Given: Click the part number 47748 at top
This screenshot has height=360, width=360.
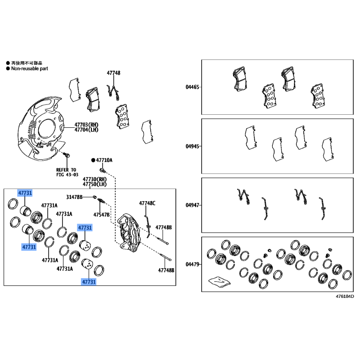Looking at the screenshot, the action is (113, 73).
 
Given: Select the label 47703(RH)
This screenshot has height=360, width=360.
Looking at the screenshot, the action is (86, 125).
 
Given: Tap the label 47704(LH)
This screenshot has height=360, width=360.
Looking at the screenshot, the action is (86, 130).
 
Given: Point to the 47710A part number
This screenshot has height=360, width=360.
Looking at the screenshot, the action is (104, 160).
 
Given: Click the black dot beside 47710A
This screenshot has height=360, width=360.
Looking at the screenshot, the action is (93, 160).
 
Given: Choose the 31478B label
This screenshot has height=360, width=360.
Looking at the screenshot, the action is (74, 197).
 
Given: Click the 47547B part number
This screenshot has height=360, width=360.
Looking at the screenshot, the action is (101, 215).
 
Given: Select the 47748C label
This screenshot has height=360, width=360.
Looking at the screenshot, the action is (147, 203).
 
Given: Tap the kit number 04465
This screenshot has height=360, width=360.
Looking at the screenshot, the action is (192, 87).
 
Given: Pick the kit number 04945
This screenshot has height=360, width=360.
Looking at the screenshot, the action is (192, 146).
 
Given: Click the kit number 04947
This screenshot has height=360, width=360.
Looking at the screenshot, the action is (192, 205).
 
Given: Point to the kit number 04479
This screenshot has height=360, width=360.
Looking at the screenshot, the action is (192, 264).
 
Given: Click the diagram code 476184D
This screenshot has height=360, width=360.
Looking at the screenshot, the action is (345, 297).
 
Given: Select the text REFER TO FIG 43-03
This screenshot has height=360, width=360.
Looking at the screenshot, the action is (67, 172).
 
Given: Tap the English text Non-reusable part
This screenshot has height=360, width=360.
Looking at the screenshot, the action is (30, 68).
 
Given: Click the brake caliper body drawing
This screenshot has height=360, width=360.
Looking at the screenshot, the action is (130, 232).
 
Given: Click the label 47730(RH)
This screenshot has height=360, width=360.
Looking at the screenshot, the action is (94, 179).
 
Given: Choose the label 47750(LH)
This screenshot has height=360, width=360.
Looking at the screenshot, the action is (94, 184).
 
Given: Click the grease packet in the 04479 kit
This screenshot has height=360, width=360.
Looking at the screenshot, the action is (219, 282).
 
